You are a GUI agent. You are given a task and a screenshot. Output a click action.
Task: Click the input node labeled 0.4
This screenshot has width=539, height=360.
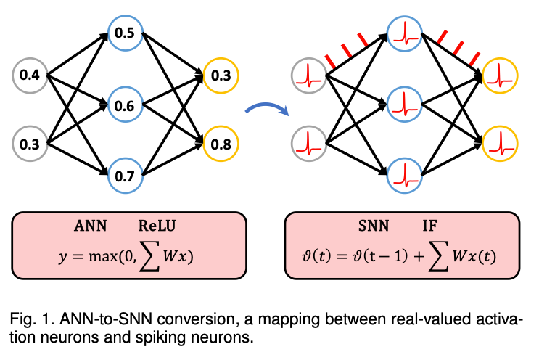pos(30,74)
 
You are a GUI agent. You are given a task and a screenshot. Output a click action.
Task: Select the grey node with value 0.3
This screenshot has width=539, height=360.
pos(30,143)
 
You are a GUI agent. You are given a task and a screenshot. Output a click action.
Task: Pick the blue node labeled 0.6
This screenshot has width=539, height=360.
pos(124,105)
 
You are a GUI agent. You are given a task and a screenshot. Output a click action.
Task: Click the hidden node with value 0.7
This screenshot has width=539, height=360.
pos(124,176)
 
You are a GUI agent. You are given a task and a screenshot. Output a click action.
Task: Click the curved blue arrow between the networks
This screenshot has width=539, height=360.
pos(266,110)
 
